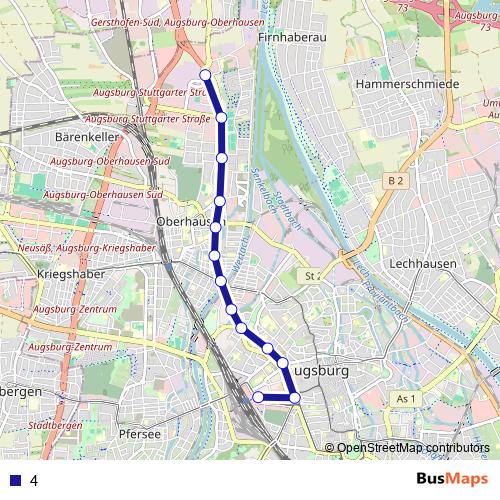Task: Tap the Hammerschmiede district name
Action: click(407, 84)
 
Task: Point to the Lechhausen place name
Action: click(424, 264)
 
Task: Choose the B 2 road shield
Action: click(397, 180)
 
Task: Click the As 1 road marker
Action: click(404, 399)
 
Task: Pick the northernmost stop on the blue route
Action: click(205, 75)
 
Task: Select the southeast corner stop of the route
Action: click(295, 398)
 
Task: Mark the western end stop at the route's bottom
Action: click(258, 397)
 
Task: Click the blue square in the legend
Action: click(12, 480)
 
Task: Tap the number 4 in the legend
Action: click(34, 480)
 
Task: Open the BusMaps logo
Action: click(451, 479)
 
